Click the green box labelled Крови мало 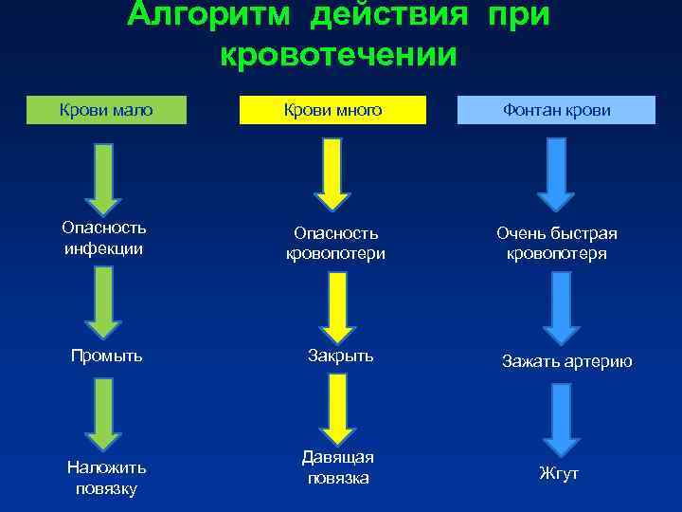point(106,110)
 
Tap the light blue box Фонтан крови point(556,110)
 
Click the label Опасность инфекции point(104,238)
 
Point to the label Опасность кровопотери point(335,243)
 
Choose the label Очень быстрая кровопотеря point(557,243)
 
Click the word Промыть point(107,356)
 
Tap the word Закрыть point(341,356)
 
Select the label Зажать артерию point(566,361)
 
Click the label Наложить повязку point(106,478)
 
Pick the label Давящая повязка point(337,467)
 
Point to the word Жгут point(558,473)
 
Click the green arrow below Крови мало point(103,177)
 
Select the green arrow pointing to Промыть point(103,301)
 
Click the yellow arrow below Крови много point(332,174)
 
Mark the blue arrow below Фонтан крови point(556,174)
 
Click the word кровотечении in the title point(338,53)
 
